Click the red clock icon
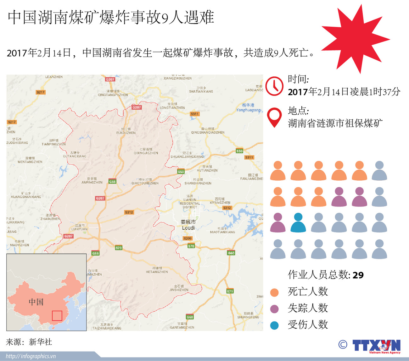coord(274,86)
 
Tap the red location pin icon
coord(274,117)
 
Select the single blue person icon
coord(298,223)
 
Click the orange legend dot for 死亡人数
coord(274,293)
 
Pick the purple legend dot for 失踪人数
coord(274,309)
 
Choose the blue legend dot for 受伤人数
coord(274,325)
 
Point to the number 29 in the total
coord(358,275)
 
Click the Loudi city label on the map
coord(188,228)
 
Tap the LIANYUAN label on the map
coord(79,229)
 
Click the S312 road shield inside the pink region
coord(129,212)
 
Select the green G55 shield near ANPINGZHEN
coord(112,182)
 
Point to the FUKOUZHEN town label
coord(126,133)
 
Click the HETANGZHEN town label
coord(157,272)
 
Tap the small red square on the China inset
coord(57,315)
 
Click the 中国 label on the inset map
coord(36,302)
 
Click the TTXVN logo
coord(376,346)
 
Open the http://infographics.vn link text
coord(31,356)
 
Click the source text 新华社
coord(40,342)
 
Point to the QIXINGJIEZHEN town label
coord(146,153)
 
